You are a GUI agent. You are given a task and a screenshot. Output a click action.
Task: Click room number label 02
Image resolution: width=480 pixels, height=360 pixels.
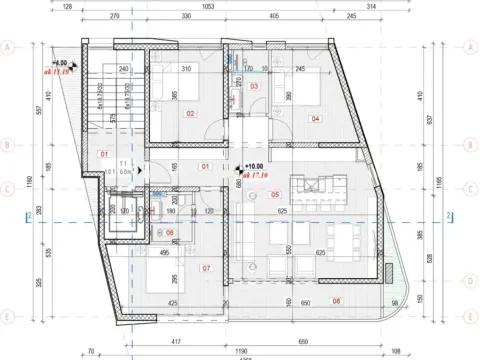189,114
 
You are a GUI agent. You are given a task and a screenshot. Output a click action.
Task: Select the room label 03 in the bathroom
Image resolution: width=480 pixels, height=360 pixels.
254,87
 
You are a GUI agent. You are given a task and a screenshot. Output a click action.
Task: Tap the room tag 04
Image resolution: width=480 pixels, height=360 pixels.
315,119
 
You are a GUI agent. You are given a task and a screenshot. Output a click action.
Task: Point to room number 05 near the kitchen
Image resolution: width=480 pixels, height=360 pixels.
275,195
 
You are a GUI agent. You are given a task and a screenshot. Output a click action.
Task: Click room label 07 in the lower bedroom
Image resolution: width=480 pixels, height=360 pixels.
206,268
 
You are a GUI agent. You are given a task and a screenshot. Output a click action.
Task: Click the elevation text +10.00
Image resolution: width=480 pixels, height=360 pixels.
254,167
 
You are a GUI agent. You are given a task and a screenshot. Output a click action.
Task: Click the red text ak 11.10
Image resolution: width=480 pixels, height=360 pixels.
56,72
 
